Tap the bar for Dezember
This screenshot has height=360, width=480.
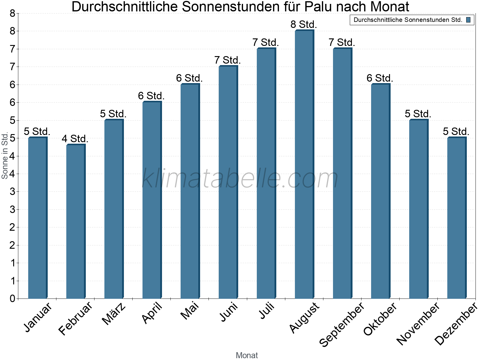tap(456, 218)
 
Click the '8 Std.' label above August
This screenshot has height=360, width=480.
tap(304, 24)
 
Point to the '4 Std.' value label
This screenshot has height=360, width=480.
tap(75, 139)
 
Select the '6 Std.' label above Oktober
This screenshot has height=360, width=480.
tap(380, 78)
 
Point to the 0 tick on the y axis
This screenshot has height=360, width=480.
tap(12, 298)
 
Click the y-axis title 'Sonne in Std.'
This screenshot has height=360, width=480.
tap(5, 156)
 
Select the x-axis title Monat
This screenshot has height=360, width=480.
tap(247, 355)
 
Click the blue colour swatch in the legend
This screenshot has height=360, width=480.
tap(468, 20)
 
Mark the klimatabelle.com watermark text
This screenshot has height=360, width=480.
tap(240, 178)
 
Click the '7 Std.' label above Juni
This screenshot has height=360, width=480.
tap(227, 60)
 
